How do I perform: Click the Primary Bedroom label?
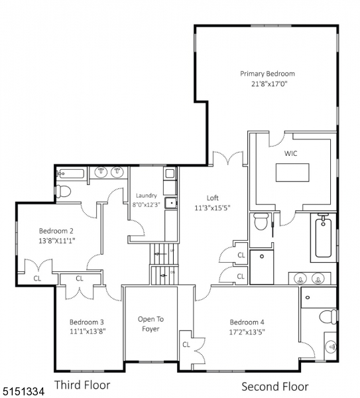click(267, 74)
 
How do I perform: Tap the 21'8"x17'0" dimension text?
click(267, 84)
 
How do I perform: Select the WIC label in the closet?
click(291, 153)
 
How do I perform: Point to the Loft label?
click(212, 198)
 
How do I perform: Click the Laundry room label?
click(146, 196)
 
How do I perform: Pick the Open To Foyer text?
click(150, 324)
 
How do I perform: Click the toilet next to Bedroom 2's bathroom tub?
click(64, 192)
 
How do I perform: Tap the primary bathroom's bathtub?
click(324, 237)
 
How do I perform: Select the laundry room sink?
click(170, 204)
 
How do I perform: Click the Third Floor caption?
click(82, 385)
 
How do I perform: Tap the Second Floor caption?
click(274, 386)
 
